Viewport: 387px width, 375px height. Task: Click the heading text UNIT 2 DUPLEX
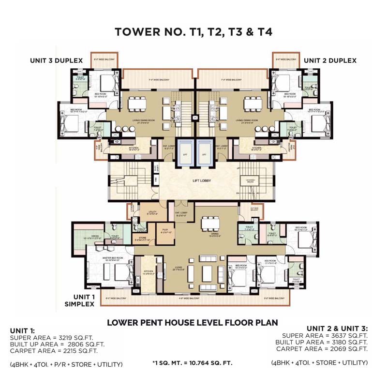(330, 60)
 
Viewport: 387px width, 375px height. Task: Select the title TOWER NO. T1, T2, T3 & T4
(193, 32)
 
